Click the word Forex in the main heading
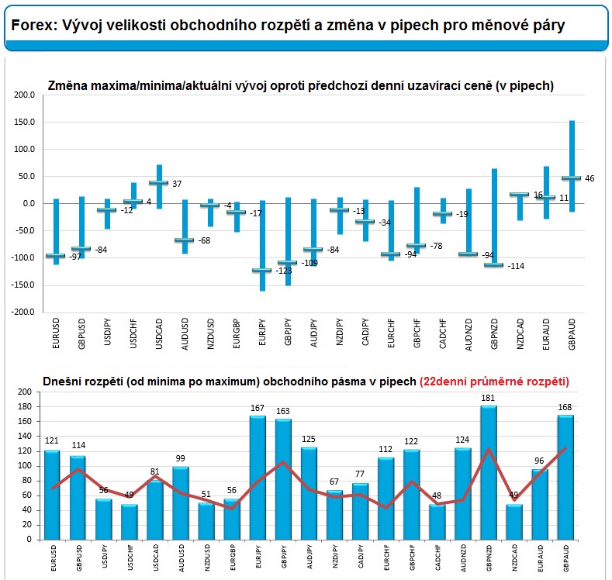tap(34, 26)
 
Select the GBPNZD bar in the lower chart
tap(489, 473)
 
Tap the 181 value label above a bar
tap(488, 398)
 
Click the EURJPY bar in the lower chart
tap(258, 478)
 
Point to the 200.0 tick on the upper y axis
tap(24, 95)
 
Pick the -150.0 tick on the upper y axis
tap(22, 285)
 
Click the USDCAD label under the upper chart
tap(158, 333)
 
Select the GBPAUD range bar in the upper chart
tap(572, 166)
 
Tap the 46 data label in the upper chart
tap(590, 178)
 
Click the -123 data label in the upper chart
tap(284, 271)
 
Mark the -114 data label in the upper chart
tap(516, 266)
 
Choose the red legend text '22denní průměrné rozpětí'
tap(495, 381)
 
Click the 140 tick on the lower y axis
tap(24, 436)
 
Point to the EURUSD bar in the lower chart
tap(52, 495)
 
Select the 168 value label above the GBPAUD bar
tap(565, 407)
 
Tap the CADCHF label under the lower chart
tap(437, 558)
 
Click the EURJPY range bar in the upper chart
tap(262, 246)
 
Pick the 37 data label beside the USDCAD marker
tap(177, 184)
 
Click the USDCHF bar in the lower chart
tap(130, 523)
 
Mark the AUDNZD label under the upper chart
tap(469, 334)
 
